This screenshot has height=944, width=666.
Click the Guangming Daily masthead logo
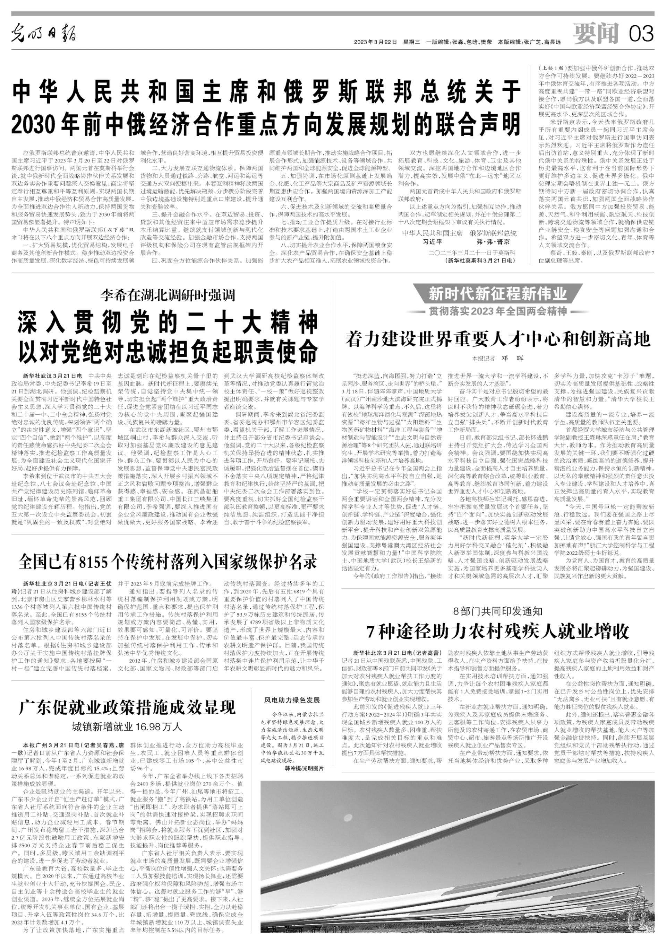click(43, 33)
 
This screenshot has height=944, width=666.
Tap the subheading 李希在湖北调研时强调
click(168, 295)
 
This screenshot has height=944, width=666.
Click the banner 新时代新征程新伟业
click(498, 294)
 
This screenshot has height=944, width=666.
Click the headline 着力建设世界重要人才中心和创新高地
click(498, 339)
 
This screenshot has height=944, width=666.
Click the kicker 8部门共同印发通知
click(498, 611)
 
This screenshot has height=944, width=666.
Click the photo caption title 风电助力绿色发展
click(292, 700)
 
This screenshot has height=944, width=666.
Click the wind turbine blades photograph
click(457, 859)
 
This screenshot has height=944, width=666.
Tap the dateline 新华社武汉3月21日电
click(53, 376)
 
